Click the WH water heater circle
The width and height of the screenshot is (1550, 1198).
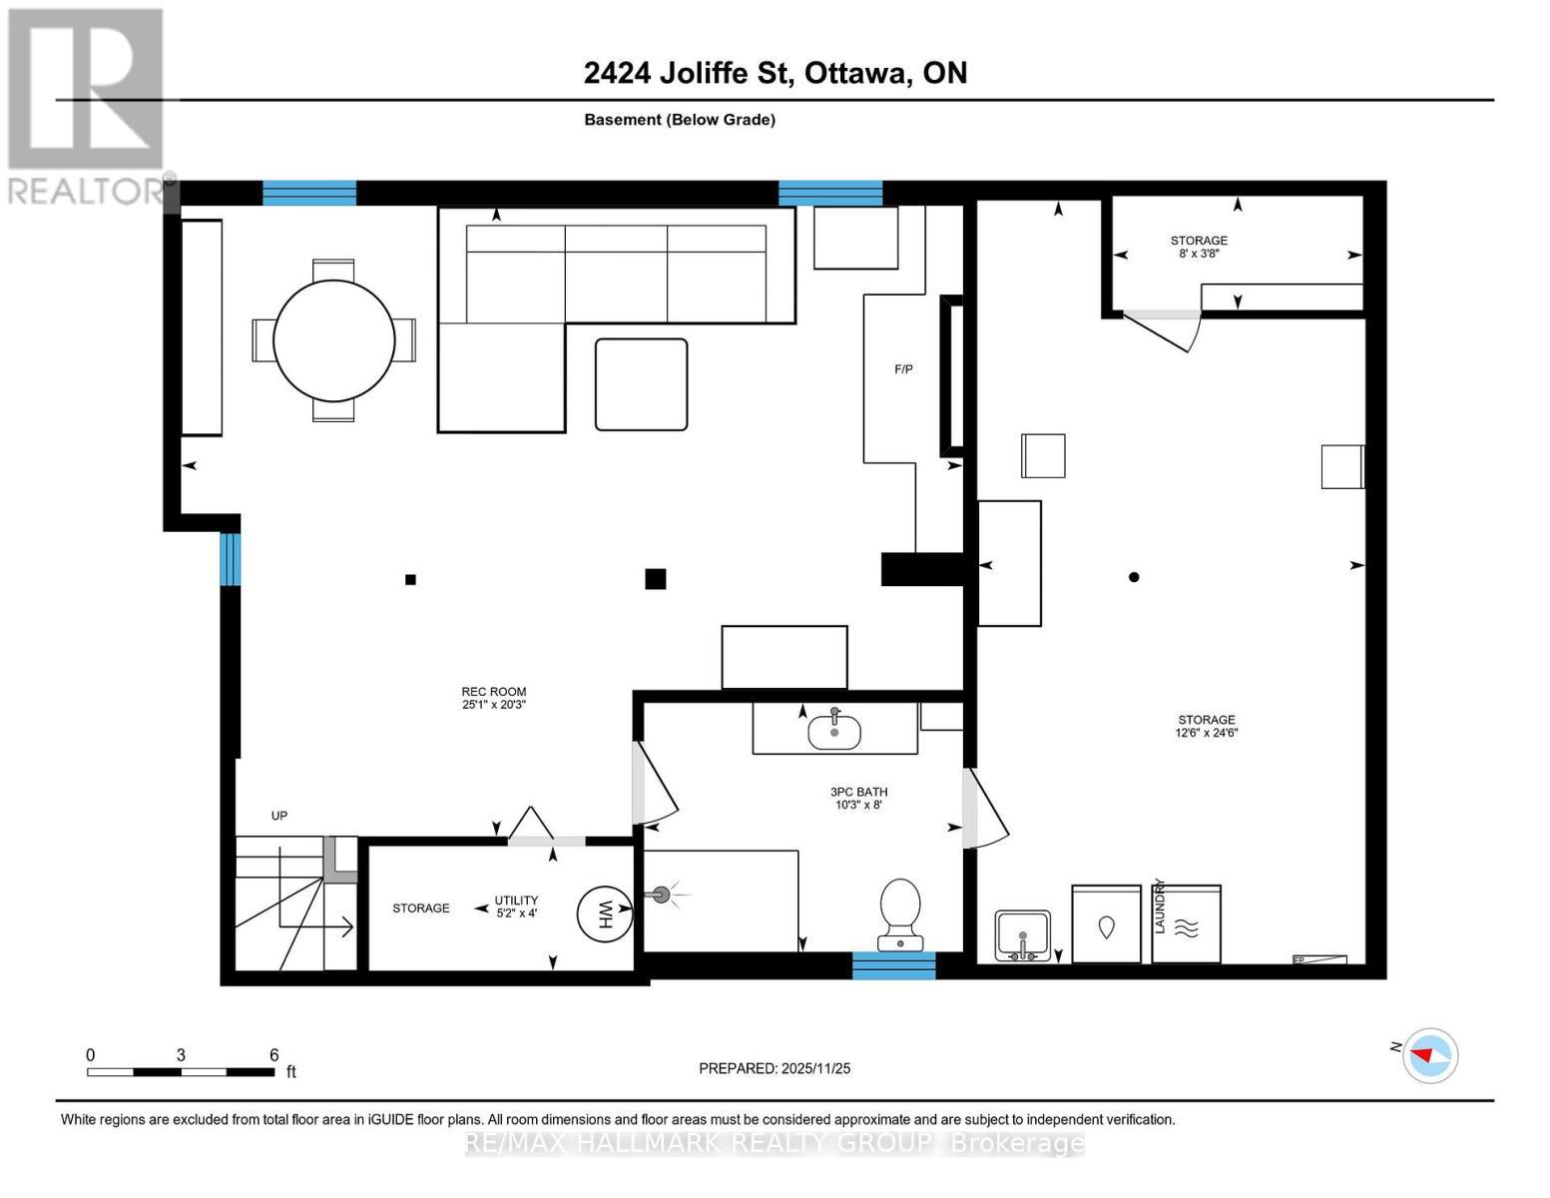604,914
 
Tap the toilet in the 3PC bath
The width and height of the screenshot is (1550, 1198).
900,914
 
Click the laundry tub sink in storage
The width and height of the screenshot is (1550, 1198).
1023,936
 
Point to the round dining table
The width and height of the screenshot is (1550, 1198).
333,340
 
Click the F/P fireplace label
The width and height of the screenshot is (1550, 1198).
903,369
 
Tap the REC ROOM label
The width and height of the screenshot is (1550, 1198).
494,692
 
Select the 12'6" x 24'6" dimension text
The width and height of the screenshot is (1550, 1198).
1207,732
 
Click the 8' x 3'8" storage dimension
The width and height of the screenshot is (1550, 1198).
1199,253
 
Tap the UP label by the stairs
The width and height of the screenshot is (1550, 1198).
278,816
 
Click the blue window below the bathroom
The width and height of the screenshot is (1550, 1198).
893,965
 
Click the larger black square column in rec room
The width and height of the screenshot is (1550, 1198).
655,579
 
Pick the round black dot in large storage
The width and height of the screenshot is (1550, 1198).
1134,577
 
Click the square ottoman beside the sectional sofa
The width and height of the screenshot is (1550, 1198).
641,384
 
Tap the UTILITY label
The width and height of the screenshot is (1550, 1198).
516,899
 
